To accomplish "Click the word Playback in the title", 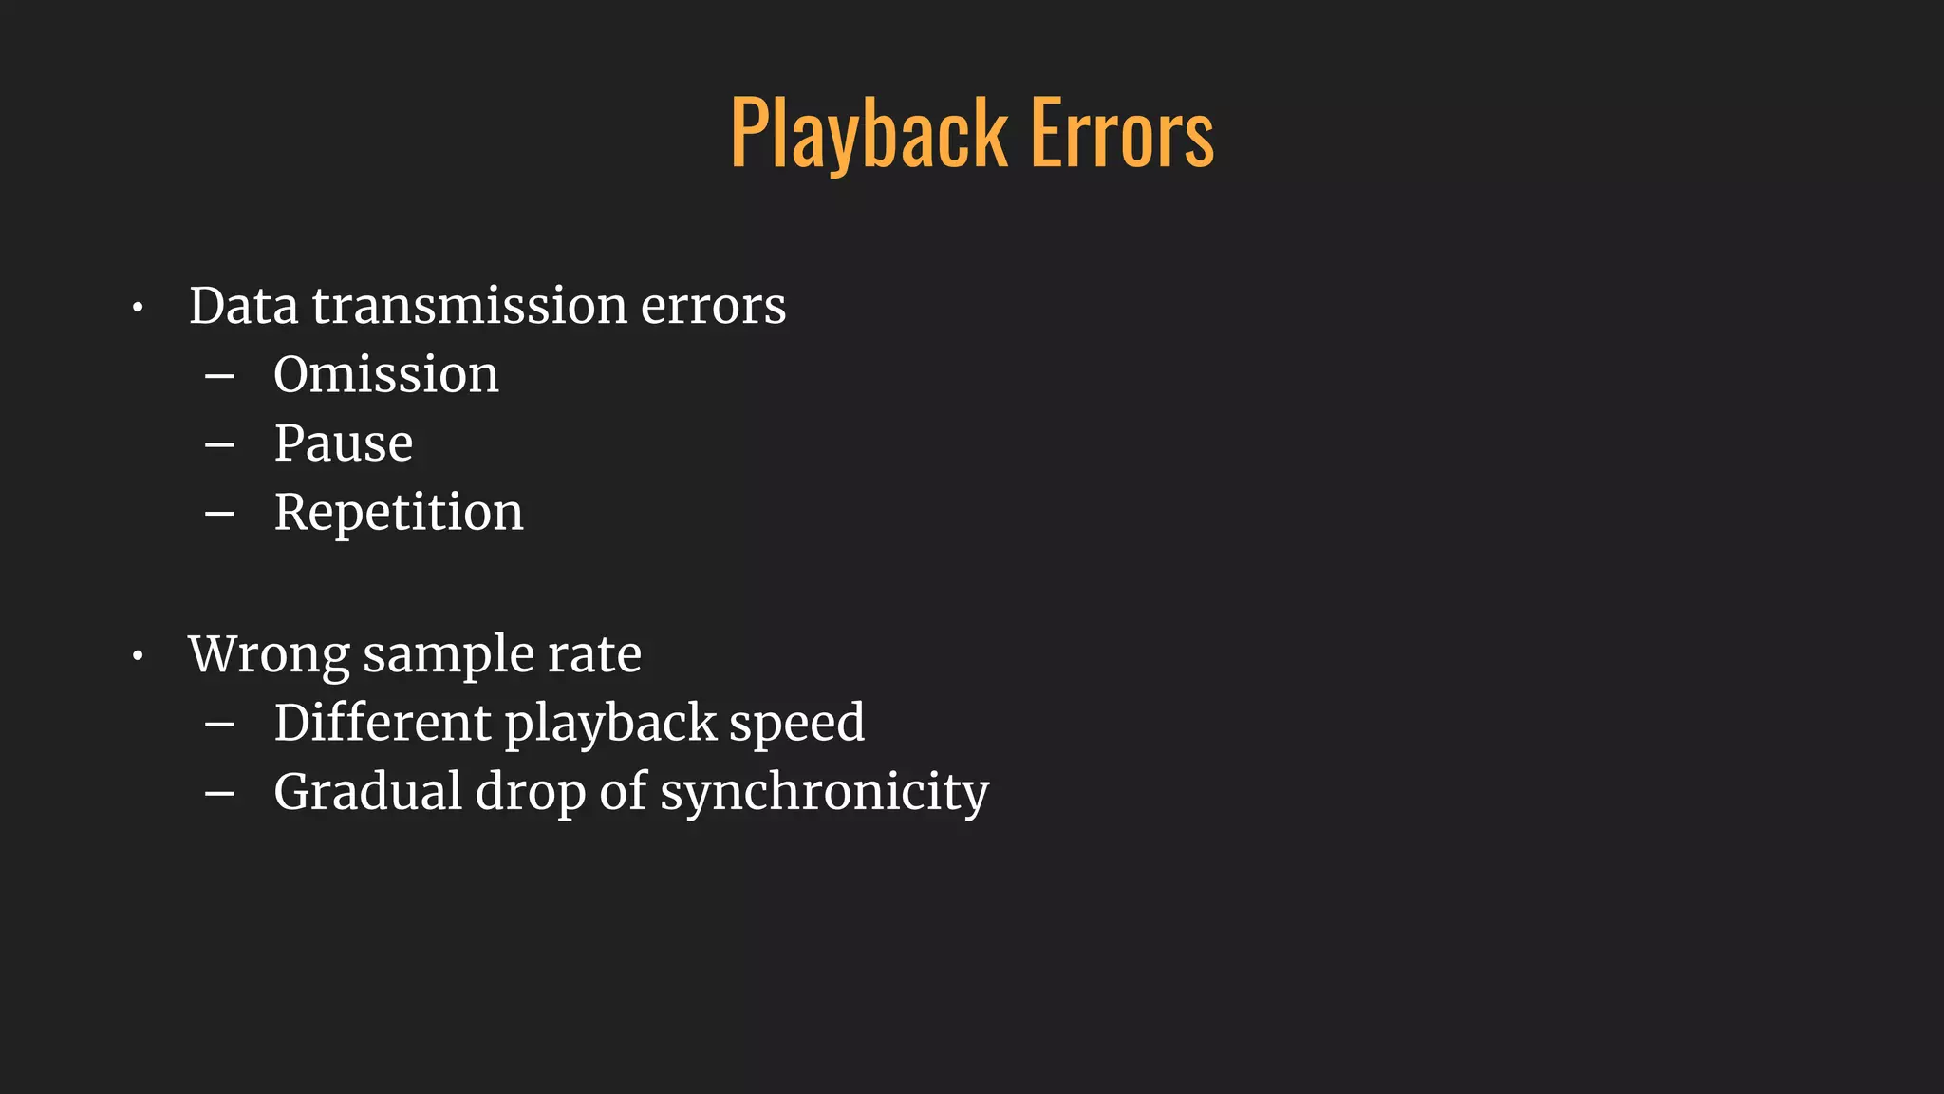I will click(x=868, y=135).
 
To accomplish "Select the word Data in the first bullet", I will click(x=243, y=307).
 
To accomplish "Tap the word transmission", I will click(x=469, y=307).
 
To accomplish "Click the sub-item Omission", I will click(x=385, y=375).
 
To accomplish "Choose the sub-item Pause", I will click(x=343, y=443).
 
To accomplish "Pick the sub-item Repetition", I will click(x=398, y=514).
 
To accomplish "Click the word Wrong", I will click(x=269, y=654).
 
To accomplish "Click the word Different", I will click(x=382, y=723).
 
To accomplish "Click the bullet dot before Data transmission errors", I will click(x=138, y=309).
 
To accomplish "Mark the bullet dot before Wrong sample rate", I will click(x=138, y=656).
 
